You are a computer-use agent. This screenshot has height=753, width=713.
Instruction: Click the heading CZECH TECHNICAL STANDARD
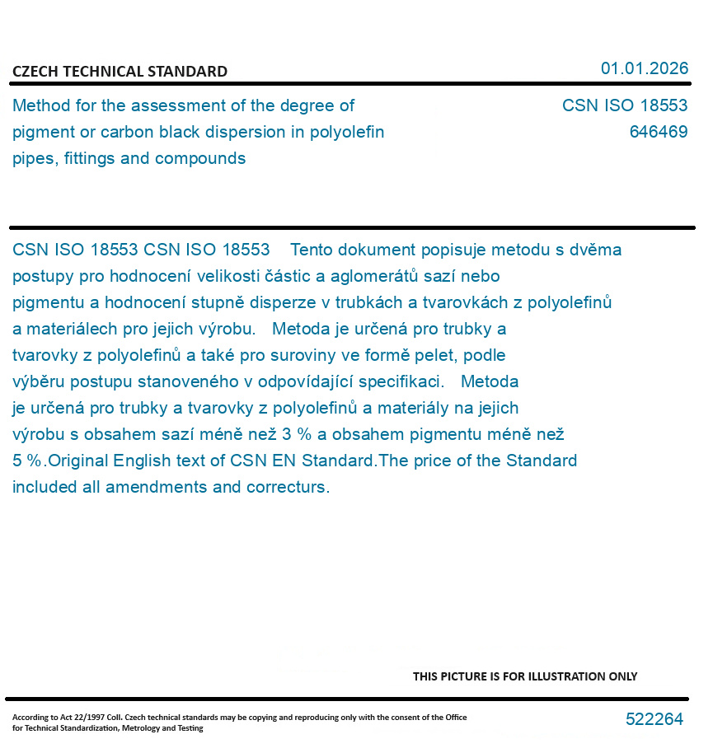coord(120,72)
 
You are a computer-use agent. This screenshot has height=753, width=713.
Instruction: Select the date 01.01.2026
coord(644,68)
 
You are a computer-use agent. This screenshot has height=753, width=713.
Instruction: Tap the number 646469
coord(658,132)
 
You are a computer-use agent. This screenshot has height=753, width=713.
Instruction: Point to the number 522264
coord(654,719)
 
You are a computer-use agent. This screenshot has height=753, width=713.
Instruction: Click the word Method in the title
coord(42,105)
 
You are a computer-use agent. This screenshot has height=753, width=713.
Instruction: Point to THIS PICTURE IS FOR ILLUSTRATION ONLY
coord(524,676)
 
